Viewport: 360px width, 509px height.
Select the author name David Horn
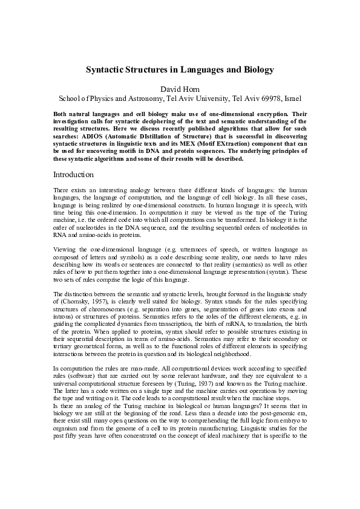[x=180, y=88]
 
